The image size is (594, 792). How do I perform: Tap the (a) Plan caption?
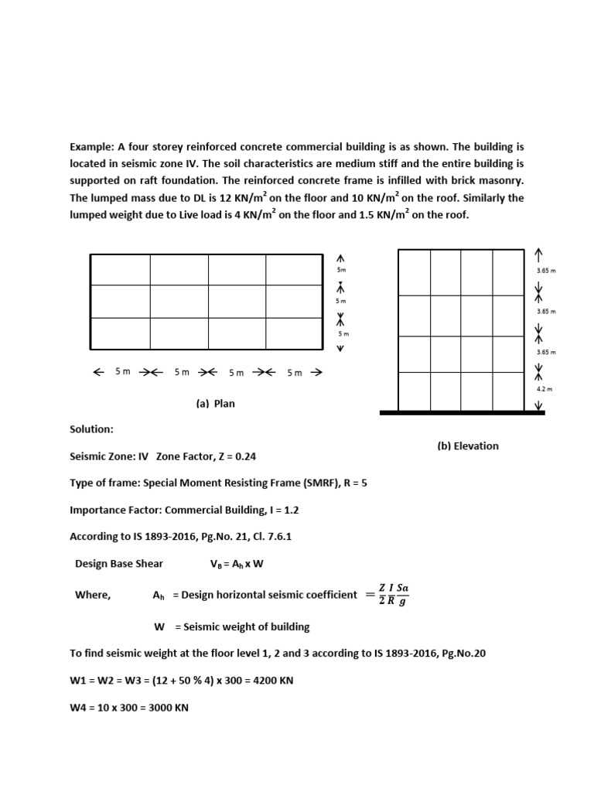point(216,403)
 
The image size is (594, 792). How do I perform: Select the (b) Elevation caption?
point(468,445)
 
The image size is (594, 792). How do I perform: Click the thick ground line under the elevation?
point(462,413)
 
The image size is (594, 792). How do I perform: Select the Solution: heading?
point(91,428)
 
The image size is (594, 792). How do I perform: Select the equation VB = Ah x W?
point(237,564)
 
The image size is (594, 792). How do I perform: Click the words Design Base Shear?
point(119,564)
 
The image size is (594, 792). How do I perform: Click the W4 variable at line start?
point(78,708)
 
